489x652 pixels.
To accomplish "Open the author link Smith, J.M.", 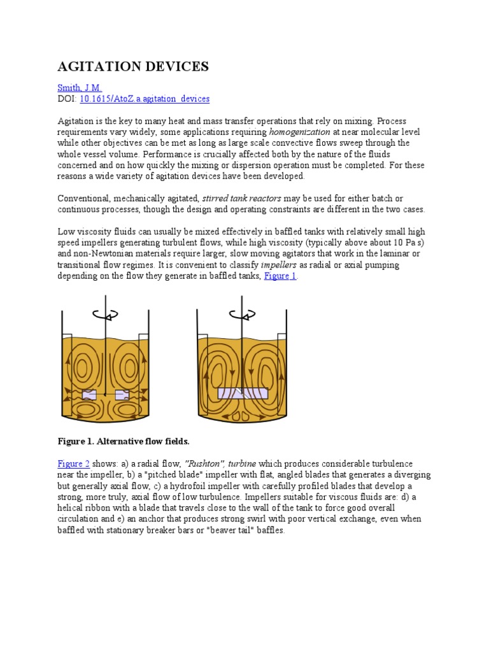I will point(80,88).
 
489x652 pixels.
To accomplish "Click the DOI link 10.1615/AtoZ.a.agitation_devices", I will point(145,99).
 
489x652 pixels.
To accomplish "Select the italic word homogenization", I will point(300,132).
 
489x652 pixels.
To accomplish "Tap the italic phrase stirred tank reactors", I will point(241,198).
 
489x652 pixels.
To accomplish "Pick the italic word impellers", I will point(318,265).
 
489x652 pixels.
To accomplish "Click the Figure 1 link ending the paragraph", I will point(280,276).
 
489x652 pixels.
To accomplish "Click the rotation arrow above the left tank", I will point(105,314).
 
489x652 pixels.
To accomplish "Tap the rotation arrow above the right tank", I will point(243,314).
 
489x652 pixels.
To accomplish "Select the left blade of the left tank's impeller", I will point(89,395).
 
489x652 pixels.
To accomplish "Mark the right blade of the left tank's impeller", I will point(121,395).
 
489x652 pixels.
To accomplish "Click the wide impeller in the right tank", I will point(243,393).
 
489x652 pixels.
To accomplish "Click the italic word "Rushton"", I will point(203,464).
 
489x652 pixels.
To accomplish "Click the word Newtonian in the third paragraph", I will point(107,254).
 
